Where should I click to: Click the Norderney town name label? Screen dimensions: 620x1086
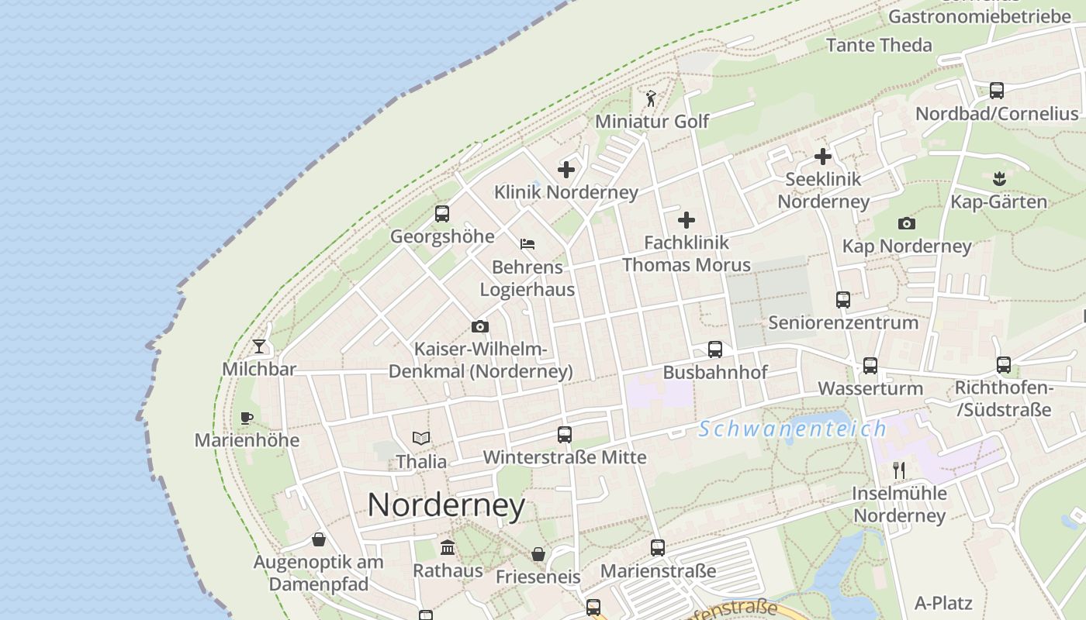[x=446, y=505]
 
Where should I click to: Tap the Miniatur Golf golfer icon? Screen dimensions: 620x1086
[x=651, y=98]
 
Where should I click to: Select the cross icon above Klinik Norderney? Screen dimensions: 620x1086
[x=566, y=169]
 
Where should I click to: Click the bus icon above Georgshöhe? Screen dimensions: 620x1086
[x=442, y=214]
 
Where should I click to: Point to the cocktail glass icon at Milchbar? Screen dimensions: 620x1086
[x=259, y=346]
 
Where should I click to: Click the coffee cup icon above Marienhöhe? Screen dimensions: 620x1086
[x=247, y=418]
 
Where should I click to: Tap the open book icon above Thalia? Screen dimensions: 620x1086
[x=421, y=439]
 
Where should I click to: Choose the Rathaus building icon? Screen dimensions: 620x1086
[x=448, y=548]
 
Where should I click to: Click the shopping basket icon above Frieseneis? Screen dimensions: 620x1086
[x=538, y=554]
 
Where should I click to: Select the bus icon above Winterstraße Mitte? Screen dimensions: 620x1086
[x=565, y=435]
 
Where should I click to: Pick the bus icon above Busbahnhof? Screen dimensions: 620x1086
[x=715, y=350]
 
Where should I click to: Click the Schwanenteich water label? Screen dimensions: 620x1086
[x=791, y=429]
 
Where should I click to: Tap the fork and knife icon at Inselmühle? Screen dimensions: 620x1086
[x=899, y=470]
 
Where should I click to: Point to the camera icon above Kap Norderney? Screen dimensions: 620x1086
[x=906, y=224]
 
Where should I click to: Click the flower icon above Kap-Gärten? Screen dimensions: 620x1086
[x=998, y=180]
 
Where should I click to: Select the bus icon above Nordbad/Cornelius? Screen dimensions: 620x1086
[x=997, y=91]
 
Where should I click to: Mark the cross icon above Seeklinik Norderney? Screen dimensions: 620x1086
[x=823, y=157]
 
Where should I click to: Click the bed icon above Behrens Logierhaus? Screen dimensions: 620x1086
[x=527, y=244]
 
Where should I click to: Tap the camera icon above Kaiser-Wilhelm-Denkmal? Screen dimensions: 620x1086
[x=480, y=327]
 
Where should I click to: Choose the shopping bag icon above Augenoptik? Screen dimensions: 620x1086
[x=319, y=539]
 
